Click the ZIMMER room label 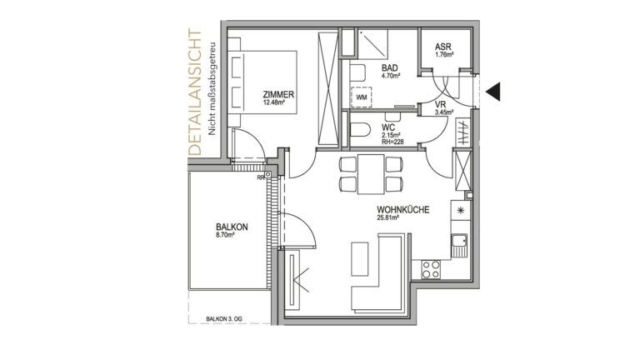point(278,95)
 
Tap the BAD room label point(390,67)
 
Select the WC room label point(388,127)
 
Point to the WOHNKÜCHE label point(402,210)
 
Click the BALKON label point(232,227)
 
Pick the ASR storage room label point(443,47)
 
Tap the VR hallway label point(441,104)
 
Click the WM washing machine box point(362,97)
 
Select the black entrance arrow point(493,91)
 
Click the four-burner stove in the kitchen point(431,269)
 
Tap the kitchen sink point(460,241)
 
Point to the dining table point(371,174)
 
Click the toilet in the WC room point(360,130)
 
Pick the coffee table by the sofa point(360,259)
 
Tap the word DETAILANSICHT point(196,92)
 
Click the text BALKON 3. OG point(223,319)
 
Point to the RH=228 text point(392,142)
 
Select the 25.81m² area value point(387,218)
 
